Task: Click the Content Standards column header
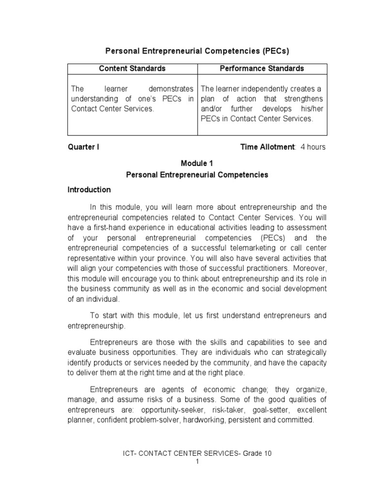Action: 132,68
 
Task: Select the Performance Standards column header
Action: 262,68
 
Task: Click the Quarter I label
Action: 83,147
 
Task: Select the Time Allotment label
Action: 268,147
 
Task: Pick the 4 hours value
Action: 313,147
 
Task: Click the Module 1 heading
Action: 197,164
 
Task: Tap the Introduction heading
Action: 89,190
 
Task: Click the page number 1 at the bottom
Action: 197,462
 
